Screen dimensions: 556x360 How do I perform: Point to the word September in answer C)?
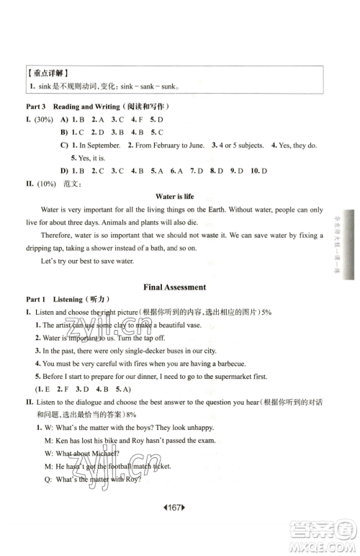(x=98, y=145)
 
